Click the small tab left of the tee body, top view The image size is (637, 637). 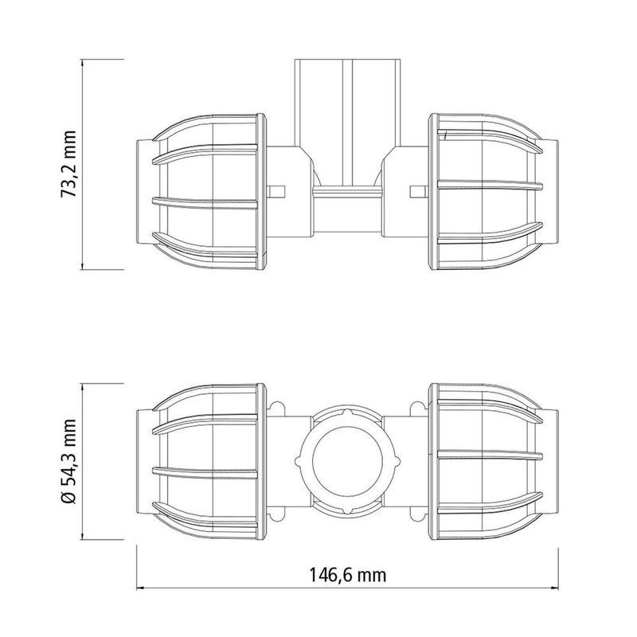277,191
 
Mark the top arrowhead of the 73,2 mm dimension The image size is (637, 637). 84,63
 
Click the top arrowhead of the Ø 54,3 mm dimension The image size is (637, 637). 84,384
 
